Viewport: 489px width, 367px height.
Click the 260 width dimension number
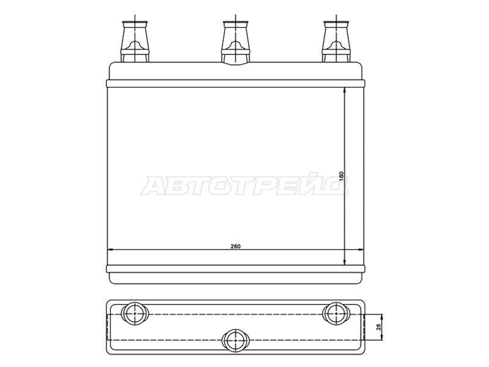(235, 247)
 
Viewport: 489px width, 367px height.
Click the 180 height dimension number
(341, 176)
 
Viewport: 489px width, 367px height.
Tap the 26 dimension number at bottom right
(378, 327)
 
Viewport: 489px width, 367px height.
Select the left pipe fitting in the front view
(135, 41)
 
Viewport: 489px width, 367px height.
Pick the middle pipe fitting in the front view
(235, 42)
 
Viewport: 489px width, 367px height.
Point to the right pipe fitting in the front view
(336, 41)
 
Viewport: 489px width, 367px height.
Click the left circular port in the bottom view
(134, 314)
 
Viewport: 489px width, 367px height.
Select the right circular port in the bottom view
(336, 314)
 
